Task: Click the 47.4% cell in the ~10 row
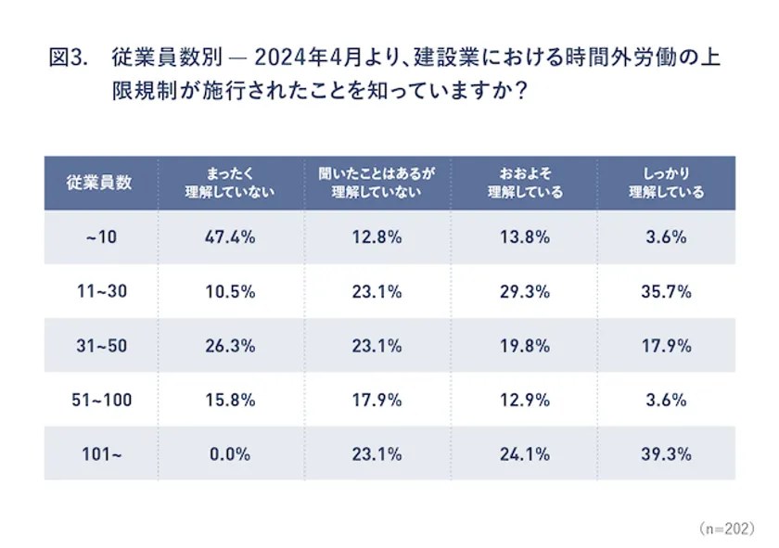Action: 229,237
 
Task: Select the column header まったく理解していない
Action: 229,183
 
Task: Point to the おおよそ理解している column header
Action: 524,183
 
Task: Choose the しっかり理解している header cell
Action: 667,183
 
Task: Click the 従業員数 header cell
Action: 100,183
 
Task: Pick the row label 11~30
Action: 100,291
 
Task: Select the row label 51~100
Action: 100,401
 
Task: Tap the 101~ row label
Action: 100,454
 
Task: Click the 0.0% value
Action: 229,454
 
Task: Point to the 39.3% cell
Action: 667,454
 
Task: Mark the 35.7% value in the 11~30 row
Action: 667,291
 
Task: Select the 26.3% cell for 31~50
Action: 229,346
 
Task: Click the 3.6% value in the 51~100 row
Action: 667,401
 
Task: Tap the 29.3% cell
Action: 524,291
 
